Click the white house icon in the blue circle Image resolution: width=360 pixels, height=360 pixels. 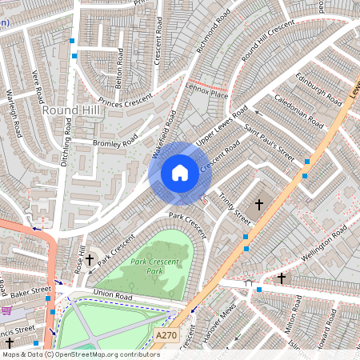click(180, 173)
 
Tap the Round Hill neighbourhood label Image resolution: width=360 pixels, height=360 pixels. click(73, 110)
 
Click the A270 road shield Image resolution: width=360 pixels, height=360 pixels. click(166, 335)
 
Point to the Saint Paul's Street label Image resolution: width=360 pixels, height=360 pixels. click(269, 141)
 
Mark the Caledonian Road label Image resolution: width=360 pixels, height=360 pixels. click(298, 111)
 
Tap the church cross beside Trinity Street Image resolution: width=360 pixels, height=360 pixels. click(258, 205)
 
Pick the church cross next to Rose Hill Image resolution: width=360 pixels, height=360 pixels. click(90, 259)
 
